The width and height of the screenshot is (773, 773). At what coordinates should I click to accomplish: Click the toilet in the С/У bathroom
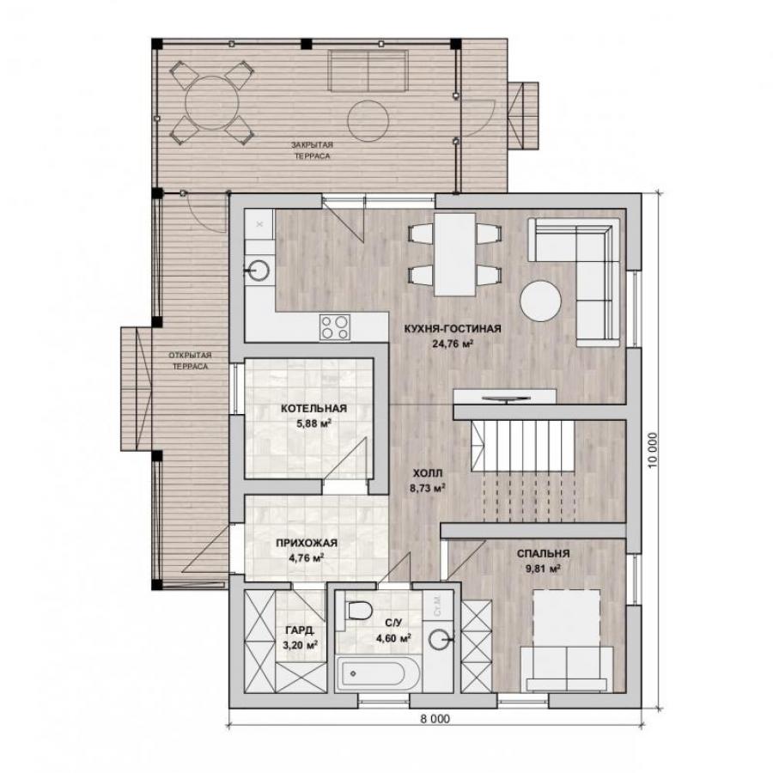357,611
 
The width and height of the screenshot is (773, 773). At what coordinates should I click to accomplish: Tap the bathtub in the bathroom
379,673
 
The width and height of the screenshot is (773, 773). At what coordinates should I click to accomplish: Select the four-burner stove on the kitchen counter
335,327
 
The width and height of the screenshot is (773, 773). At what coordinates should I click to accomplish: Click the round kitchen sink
258,270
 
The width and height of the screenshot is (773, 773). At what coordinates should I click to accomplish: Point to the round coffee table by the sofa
540,301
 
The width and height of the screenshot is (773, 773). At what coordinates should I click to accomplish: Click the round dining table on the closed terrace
212,102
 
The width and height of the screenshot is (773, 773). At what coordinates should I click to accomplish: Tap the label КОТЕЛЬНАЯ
313,408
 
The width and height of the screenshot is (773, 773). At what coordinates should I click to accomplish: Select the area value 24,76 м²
453,344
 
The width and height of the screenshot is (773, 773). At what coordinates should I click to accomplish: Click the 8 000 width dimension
435,719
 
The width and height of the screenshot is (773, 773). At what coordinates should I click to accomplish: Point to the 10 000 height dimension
653,450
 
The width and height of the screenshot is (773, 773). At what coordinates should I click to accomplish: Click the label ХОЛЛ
428,473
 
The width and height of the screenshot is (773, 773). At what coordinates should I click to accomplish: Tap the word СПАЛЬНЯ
543,554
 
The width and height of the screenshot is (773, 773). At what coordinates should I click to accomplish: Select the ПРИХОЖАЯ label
306,543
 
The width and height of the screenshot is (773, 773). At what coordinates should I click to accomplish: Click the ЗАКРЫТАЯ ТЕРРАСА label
312,150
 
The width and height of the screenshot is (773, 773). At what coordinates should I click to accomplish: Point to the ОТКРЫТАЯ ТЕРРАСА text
190,361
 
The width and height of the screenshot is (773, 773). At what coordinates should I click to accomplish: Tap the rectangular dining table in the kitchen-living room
454,254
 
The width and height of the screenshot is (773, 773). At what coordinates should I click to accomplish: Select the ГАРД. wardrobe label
300,630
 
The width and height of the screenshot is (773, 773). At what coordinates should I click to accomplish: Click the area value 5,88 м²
313,423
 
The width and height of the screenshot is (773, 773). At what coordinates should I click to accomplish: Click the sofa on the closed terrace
368,71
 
